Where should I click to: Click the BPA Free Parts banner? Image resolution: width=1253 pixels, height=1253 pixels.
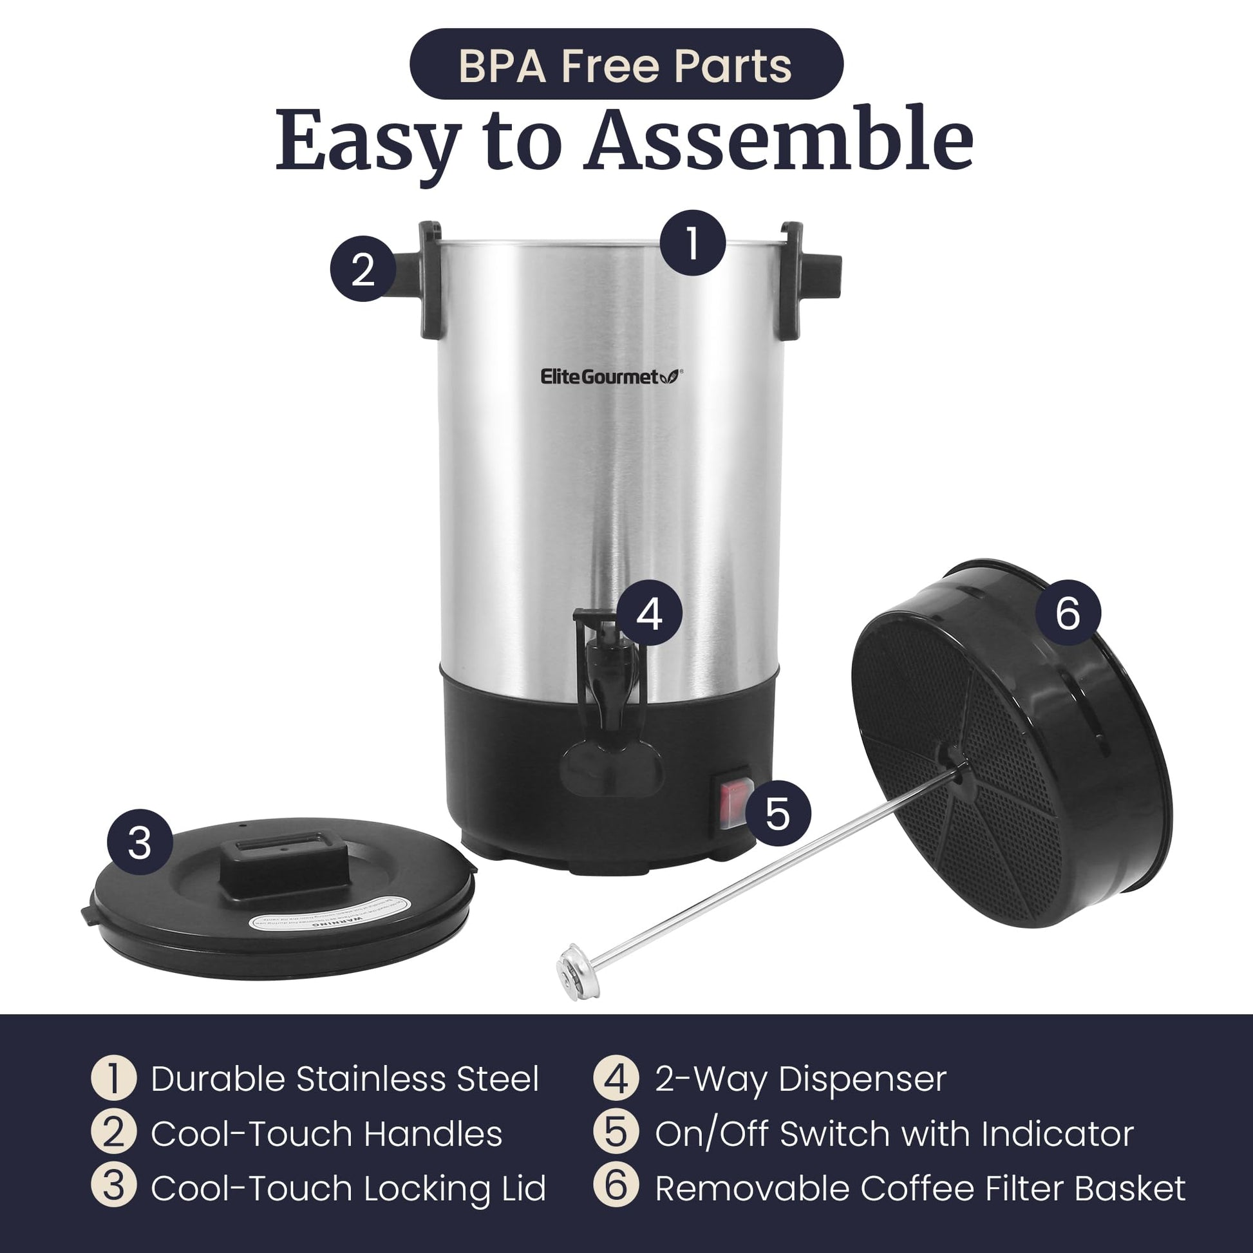click(626, 65)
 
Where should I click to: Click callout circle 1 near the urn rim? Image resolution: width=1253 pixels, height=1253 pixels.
click(693, 243)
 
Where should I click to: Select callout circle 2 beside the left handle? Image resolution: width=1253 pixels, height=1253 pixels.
click(363, 268)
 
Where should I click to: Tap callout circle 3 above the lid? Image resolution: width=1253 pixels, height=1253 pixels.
click(140, 842)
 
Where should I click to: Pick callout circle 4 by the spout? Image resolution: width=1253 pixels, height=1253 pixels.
click(649, 614)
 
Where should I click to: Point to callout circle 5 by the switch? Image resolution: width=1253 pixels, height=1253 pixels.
click(778, 813)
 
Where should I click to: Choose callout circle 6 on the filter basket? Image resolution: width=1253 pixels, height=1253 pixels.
click(1068, 612)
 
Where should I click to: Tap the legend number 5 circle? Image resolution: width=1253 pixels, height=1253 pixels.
click(616, 1134)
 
